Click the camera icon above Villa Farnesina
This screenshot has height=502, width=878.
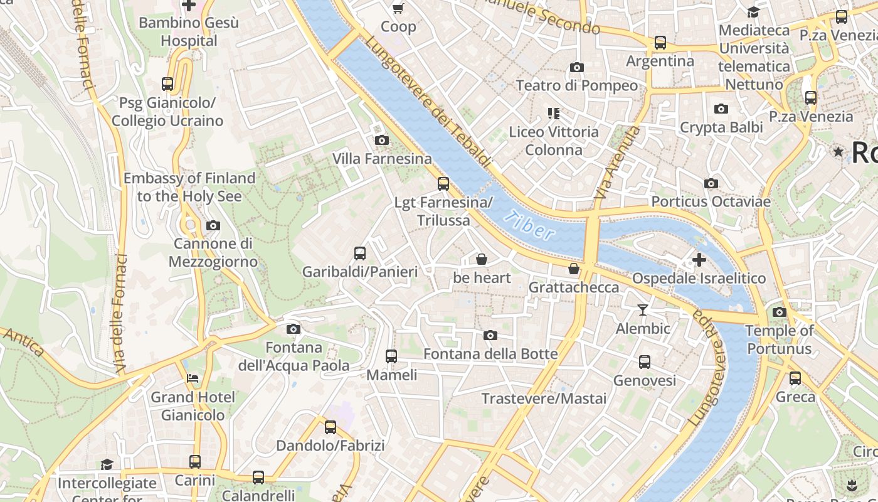[x=381, y=140]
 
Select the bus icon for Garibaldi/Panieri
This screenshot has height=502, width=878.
[x=359, y=254]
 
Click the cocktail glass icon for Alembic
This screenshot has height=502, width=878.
[x=643, y=309]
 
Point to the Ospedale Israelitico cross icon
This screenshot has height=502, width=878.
[x=699, y=259]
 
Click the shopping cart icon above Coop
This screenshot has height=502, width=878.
[x=398, y=8]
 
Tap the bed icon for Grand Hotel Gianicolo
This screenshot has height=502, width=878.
[x=193, y=378]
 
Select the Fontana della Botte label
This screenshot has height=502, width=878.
[x=490, y=354]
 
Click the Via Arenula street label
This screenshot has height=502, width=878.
[x=618, y=163]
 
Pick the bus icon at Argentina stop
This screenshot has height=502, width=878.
[x=660, y=43]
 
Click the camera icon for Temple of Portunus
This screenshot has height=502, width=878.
[x=779, y=312]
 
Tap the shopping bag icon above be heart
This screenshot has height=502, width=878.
[x=482, y=259]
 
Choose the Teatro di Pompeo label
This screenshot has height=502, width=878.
[x=576, y=85]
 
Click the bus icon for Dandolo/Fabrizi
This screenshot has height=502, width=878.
[x=330, y=427]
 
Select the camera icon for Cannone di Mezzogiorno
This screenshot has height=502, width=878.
[x=213, y=225]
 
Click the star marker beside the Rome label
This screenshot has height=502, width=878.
[x=838, y=152]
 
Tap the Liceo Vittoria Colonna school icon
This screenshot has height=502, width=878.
[x=553, y=114]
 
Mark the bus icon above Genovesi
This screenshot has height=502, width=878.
[x=644, y=362]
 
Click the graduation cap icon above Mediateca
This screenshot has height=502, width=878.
[x=753, y=12]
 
